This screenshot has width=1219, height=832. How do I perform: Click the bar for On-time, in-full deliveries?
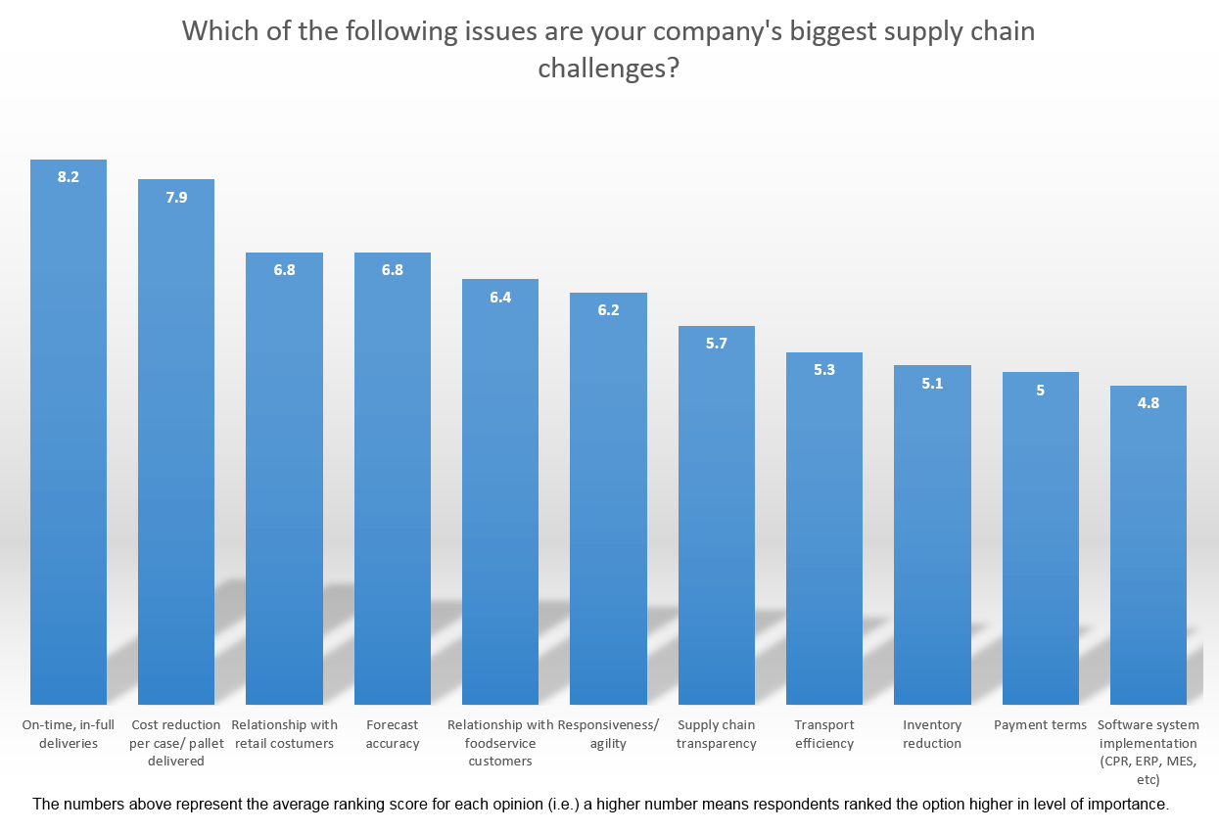pos(69,440)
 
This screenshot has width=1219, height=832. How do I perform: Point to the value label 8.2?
pos(69,177)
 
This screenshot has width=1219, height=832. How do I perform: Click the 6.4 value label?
pos(500,297)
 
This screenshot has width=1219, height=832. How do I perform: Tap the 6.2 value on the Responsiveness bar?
pos(608,310)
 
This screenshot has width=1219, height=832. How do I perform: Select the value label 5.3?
pos(824,370)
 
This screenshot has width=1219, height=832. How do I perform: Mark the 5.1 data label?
pos(932,383)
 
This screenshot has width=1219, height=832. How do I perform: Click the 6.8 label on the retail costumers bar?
pos(284,270)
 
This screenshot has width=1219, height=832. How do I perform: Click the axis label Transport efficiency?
pos(824,734)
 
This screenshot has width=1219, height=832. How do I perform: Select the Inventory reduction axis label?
pos(932,734)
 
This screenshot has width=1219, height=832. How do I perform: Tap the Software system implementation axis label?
pos(1149,752)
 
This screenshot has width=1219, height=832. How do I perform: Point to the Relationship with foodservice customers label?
pos(500,743)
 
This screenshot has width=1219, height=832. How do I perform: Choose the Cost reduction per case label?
pos(176,743)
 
